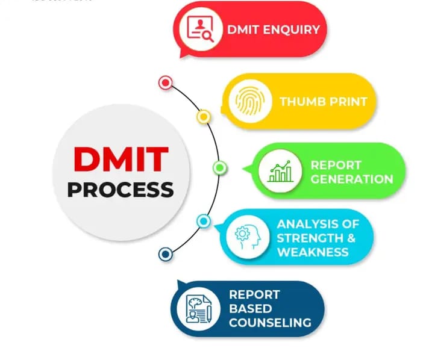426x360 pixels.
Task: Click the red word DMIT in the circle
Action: (x=120, y=159)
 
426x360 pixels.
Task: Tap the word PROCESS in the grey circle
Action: (x=120, y=190)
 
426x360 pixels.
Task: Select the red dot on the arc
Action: (x=165, y=82)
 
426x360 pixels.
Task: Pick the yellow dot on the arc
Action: (x=204, y=116)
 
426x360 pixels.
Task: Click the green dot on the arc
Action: (x=220, y=167)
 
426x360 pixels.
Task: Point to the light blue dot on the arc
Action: (x=204, y=222)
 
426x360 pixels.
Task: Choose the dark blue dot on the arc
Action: (x=165, y=255)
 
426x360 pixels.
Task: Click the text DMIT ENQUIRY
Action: (x=273, y=29)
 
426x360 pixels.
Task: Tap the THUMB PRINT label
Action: (x=323, y=101)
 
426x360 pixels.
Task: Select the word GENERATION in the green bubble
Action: (x=352, y=179)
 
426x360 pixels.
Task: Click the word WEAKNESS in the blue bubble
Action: (x=313, y=251)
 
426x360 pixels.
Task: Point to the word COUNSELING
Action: (x=270, y=323)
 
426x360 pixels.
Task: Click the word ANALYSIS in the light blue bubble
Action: (x=302, y=224)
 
